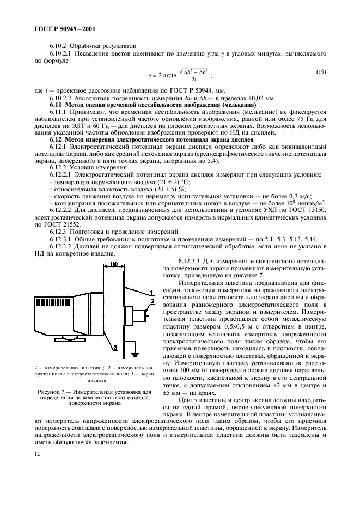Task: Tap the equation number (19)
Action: coord(322,72)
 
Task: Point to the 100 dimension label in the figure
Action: coord(114,264)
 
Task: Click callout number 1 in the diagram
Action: coord(152,293)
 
